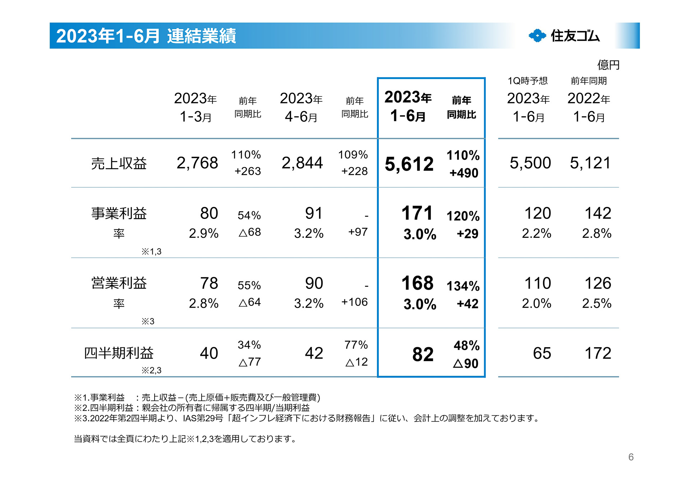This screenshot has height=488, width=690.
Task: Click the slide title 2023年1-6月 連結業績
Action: click(x=146, y=36)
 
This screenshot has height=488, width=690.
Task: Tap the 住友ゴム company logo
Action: click(x=564, y=36)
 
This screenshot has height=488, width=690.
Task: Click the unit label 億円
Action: click(x=608, y=65)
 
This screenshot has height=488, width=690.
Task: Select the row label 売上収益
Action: click(x=119, y=164)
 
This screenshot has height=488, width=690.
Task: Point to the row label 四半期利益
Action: click(x=119, y=353)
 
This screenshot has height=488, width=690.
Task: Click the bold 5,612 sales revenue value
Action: click(x=409, y=164)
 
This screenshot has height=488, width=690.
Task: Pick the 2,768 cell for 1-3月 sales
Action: click(x=197, y=163)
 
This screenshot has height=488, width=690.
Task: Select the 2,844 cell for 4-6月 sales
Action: click(x=302, y=163)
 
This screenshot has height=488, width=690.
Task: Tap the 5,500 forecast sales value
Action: click(x=530, y=163)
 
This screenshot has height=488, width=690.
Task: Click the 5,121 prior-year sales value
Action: click(x=590, y=163)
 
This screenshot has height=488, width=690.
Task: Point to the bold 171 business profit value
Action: click(x=417, y=213)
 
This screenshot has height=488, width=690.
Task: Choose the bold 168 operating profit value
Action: click(x=417, y=283)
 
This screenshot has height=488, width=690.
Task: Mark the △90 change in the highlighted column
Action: click(x=466, y=364)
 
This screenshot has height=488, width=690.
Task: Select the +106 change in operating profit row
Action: click(x=354, y=302)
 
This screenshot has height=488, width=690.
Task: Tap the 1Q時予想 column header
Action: click(x=528, y=81)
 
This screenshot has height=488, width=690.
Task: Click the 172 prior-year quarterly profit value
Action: click(x=598, y=353)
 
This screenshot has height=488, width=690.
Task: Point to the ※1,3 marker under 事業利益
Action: click(x=151, y=252)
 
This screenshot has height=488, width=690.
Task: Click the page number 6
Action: click(x=631, y=457)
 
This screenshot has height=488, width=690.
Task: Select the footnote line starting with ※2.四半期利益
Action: click(x=192, y=408)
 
